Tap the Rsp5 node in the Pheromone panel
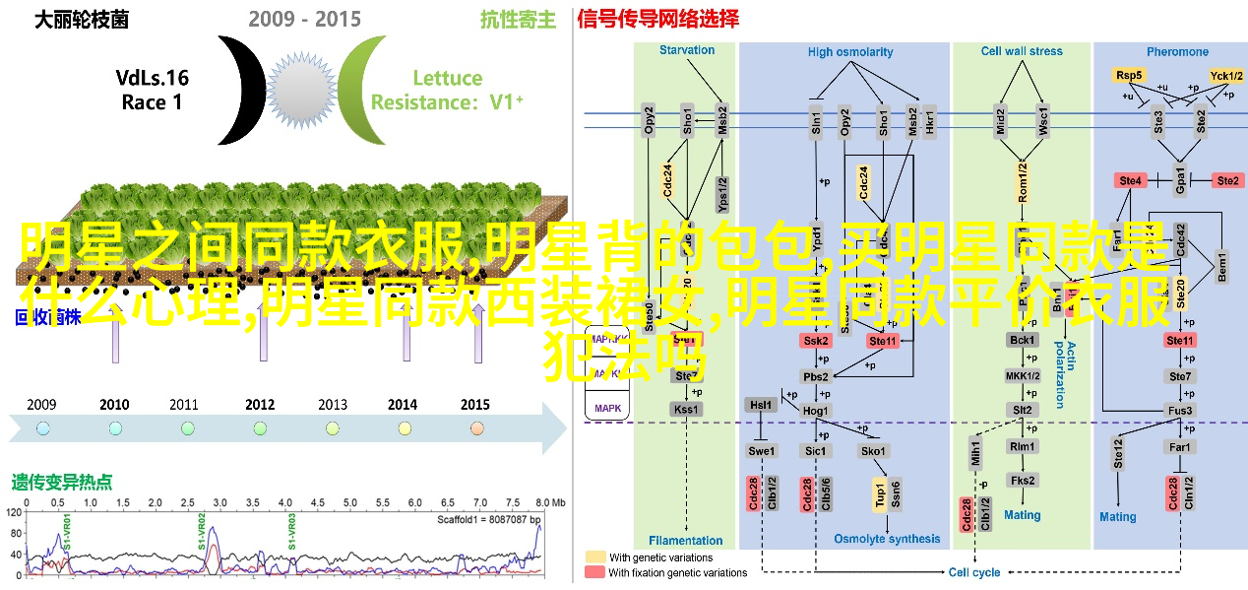coord(1128,76)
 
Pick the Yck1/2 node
coord(1227,76)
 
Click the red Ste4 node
coord(1129,180)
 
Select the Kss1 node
coord(685,409)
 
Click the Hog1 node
coord(816,410)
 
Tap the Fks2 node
coord(1022,480)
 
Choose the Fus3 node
coord(1180,410)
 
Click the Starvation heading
coord(687,51)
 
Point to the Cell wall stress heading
coord(1022,51)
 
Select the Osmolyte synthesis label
coord(887,539)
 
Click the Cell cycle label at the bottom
coord(974,572)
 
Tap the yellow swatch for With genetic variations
coord(595,557)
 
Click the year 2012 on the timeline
coord(260,404)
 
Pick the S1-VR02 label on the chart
coord(201,529)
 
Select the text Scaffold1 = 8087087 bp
coord(489,518)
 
